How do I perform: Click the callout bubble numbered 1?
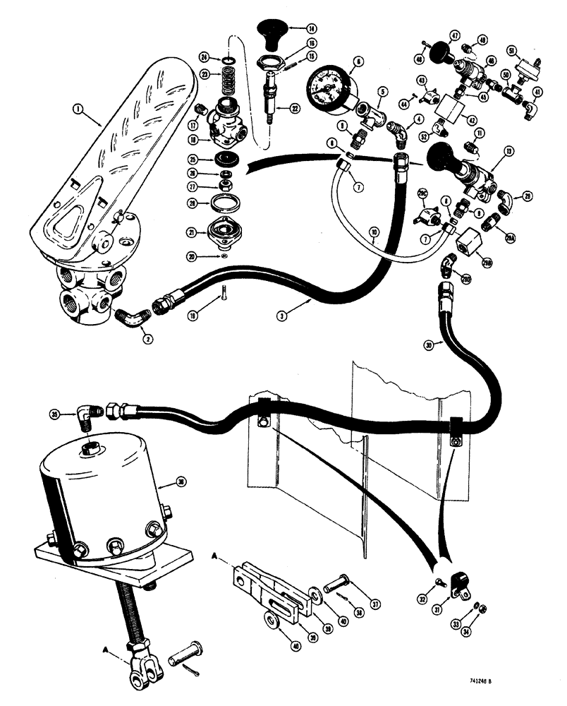pyautogui.click(x=78, y=109)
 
